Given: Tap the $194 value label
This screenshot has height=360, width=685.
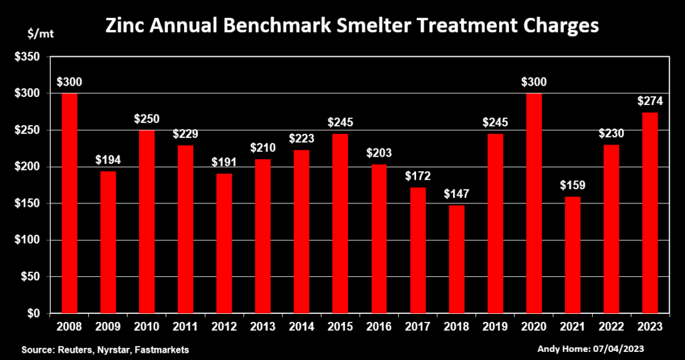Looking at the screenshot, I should pyautogui.click(x=108, y=161).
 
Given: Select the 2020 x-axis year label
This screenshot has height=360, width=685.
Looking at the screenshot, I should pyautogui.click(x=534, y=327).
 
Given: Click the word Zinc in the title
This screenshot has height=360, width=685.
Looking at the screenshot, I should pyautogui.click(x=123, y=26).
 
